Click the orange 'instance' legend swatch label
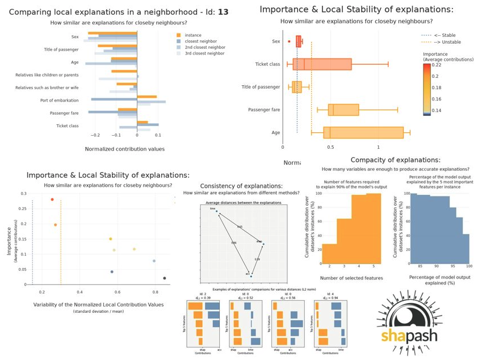click(x=193, y=35)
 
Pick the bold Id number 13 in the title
click(x=223, y=11)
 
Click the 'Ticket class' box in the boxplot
click(x=322, y=64)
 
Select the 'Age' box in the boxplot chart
click(x=363, y=132)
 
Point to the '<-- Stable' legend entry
click(x=447, y=35)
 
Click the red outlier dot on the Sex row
click(x=290, y=41)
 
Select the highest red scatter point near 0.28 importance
click(x=52, y=199)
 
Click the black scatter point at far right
click(x=165, y=278)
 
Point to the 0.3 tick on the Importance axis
click(x=23, y=194)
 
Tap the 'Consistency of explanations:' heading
click(x=241, y=186)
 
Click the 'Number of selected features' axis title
click(x=351, y=278)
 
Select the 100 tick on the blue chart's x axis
click(x=468, y=266)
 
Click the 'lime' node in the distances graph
click(x=216, y=211)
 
